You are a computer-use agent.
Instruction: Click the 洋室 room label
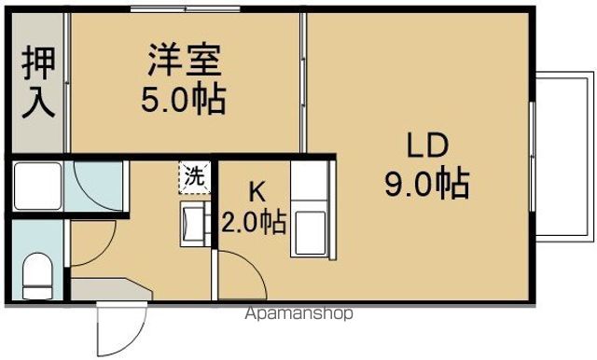click(x=184, y=62)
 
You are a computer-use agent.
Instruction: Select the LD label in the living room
click(x=427, y=145)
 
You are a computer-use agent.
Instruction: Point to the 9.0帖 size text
click(x=427, y=183)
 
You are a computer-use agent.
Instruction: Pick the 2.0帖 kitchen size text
click(x=253, y=222)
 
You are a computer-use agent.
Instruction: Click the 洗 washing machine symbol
click(x=194, y=175)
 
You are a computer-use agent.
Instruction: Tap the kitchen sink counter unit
click(x=310, y=210)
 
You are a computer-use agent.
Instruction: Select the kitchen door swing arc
click(x=241, y=275)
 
